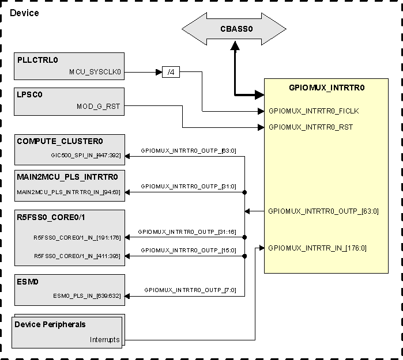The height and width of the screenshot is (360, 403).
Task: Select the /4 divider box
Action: pyautogui.click(x=170, y=73)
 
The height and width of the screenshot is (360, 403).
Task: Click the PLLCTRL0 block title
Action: pyautogui.click(x=37, y=60)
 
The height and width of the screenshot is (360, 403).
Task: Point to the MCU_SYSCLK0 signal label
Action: pyautogui.click(x=95, y=73)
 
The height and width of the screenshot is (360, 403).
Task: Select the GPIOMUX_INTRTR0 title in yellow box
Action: pyautogui.click(x=326, y=88)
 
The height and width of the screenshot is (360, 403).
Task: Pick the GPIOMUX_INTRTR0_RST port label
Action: pyautogui.click(x=311, y=127)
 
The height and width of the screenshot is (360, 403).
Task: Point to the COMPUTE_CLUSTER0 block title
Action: pyautogui.click(x=59, y=141)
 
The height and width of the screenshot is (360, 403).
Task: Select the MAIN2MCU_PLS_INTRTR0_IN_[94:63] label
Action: pyautogui.click(x=69, y=192)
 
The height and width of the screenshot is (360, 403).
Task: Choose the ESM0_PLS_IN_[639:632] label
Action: pyautogui.click(x=87, y=296)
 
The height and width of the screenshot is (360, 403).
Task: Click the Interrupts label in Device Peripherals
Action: pyautogui.click(x=104, y=340)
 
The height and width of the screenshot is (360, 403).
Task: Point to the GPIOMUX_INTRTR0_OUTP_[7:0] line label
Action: pyautogui.click(x=190, y=290)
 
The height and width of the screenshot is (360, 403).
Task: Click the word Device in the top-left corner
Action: pyautogui.click(x=24, y=13)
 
